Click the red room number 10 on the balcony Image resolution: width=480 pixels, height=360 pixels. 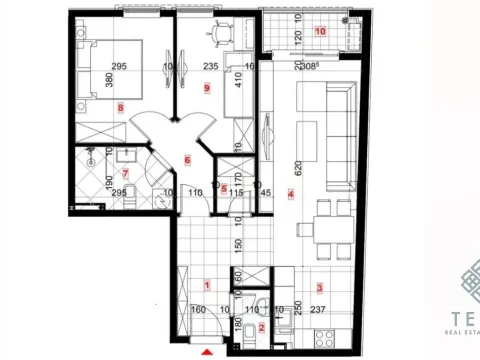click(x=320, y=31)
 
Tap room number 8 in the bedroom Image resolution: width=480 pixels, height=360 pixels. click(x=121, y=107)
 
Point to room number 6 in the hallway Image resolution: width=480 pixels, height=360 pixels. click(x=187, y=159)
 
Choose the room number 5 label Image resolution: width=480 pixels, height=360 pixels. click(x=224, y=187)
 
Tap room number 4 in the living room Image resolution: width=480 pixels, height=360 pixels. click(x=291, y=194)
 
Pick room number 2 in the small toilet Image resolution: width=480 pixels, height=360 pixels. click(x=262, y=327)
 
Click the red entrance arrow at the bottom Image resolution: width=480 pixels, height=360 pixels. click(x=207, y=352)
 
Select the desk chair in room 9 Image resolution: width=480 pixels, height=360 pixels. click(x=219, y=34)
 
